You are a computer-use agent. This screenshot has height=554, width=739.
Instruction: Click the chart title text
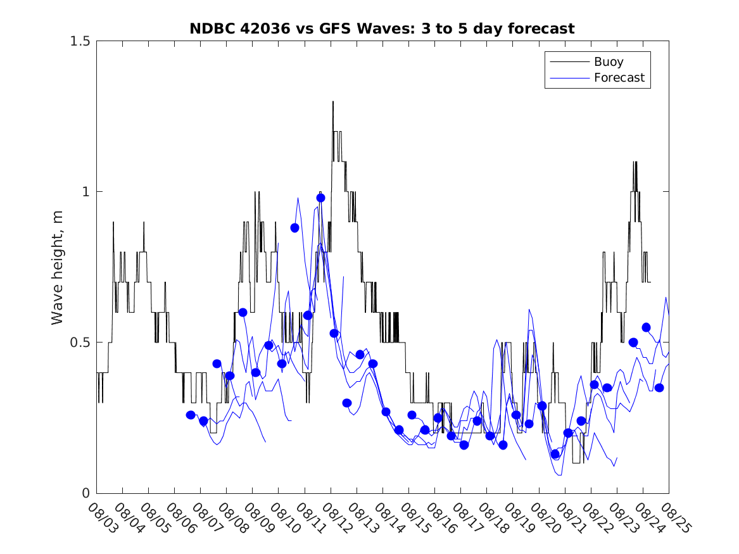pos(382,28)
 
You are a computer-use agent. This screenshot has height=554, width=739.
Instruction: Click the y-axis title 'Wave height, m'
pos(58,267)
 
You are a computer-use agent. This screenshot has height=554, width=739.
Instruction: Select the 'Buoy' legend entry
pos(608,62)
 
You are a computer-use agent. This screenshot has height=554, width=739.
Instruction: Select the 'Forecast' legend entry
pos(619,78)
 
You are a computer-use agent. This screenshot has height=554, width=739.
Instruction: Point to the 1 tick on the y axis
pos(87,192)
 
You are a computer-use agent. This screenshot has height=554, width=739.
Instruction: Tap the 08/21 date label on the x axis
pos(568,518)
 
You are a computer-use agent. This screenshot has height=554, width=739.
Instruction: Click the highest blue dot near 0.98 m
pos(320,198)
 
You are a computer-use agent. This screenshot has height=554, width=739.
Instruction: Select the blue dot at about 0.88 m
pos(294,228)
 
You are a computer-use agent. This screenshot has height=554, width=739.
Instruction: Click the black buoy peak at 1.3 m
pos(333,102)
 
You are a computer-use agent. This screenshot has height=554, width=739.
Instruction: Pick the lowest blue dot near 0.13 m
pos(555,454)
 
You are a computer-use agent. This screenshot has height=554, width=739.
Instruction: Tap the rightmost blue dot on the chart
pos(659,387)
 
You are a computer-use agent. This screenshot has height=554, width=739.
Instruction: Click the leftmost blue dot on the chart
pos(191,415)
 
